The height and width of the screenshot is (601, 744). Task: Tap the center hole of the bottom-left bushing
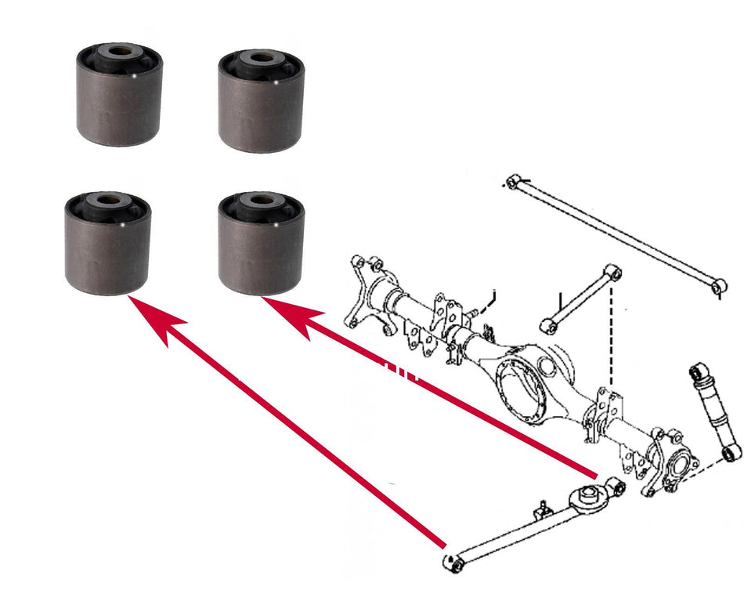coord(108,200)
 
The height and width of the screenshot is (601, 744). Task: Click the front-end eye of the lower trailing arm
coord(451,561)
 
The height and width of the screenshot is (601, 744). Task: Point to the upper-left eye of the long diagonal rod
coord(513,182)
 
